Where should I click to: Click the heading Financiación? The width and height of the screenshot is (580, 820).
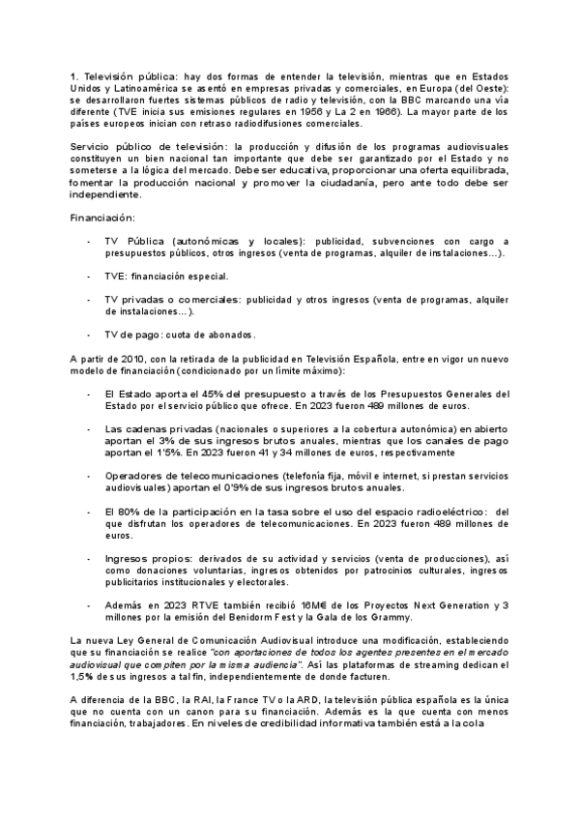coord(103,218)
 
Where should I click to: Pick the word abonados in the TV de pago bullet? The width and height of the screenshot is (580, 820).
coord(227,335)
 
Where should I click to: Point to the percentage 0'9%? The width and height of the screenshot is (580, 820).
coord(259,488)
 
